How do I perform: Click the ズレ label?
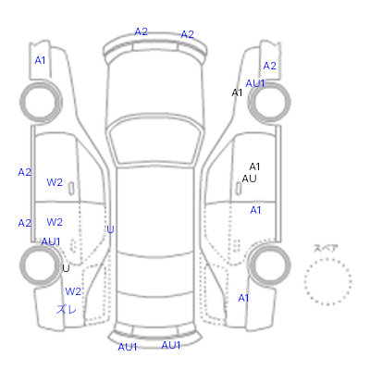click(x=67, y=309)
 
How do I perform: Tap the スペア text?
click(x=326, y=248)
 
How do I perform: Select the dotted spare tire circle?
click(x=327, y=281)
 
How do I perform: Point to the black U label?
click(x=66, y=268)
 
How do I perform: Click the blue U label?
click(x=110, y=229)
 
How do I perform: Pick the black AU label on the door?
click(x=249, y=179)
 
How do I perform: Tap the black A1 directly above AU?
click(x=254, y=166)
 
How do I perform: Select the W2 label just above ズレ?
click(x=73, y=291)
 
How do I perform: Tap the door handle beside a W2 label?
click(x=71, y=189)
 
